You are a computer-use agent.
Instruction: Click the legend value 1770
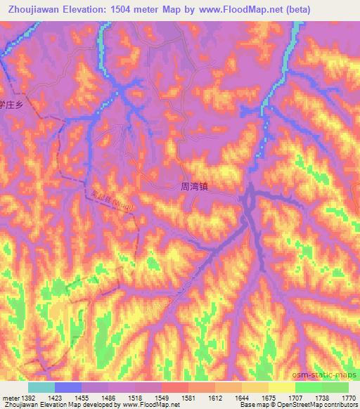click(349, 396)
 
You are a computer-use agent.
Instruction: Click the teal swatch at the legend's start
click(41, 387)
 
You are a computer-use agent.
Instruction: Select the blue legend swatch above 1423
click(67, 387)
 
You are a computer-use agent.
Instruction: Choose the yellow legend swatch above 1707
click(281, 387)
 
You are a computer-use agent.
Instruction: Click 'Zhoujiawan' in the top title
click(32, 9)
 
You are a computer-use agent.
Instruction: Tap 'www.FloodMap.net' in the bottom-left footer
click(150, 405)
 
